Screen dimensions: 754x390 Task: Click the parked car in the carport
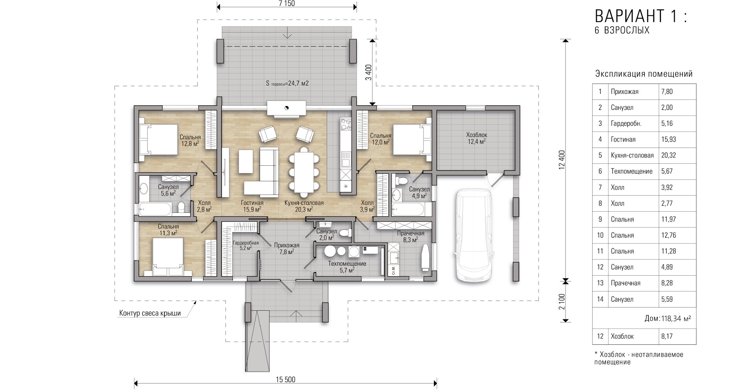474,235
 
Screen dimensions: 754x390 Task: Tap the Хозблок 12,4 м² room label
476,138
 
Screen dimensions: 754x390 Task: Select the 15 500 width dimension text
285,379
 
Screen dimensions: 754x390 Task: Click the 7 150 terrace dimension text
286,4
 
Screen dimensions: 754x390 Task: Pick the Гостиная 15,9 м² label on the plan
252,206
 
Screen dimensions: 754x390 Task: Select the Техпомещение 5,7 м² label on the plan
347,267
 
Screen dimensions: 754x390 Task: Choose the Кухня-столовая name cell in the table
632,155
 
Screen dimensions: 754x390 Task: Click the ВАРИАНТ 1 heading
641,16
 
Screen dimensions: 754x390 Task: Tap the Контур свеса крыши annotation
150,313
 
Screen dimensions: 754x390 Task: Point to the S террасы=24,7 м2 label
287,83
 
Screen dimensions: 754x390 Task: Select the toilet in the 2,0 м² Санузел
345,233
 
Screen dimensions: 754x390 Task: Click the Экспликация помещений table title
644,74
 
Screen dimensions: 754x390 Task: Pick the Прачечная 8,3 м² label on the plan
411,236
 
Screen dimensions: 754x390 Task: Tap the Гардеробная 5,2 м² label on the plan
246,245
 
